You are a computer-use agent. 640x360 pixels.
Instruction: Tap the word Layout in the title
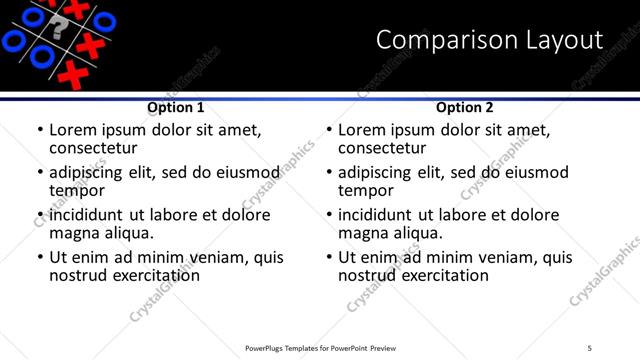[x=563, y=40]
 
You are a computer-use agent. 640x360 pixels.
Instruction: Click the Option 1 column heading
[x=176, y=107]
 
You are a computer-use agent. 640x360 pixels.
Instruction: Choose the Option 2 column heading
[x=465, y=107]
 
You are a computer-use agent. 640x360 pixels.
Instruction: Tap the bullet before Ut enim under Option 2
[x=329, y=258]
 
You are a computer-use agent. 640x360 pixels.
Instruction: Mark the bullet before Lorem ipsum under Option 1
[x=40, y=131]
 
